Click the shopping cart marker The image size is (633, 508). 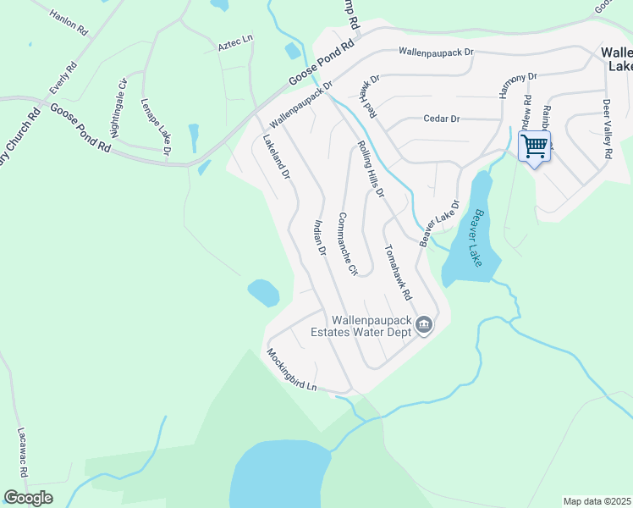(534, 146)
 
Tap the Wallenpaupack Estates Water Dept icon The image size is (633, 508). (425, 325)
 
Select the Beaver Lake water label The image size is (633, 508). (480, 239)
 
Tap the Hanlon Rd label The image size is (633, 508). (69, 22)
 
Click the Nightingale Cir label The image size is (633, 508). (118, 108)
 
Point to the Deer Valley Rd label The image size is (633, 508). (607, 130)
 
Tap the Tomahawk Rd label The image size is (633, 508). (397, 273)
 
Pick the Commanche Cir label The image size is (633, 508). (348, 243)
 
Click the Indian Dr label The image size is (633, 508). (319, 237)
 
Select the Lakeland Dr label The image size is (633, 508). (277, 157)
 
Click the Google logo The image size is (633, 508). (28, 497)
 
